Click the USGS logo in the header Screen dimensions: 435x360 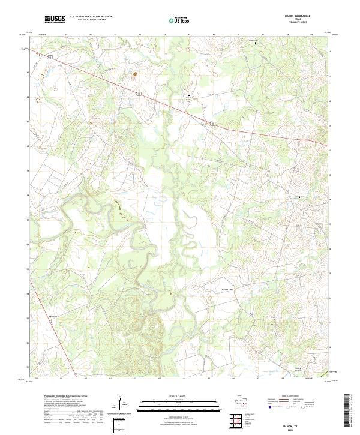coord(55,19)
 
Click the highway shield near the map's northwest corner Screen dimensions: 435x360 coord(52,56)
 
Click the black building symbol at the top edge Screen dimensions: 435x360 coord(256,43)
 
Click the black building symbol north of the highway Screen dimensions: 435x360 coord(190,96)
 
